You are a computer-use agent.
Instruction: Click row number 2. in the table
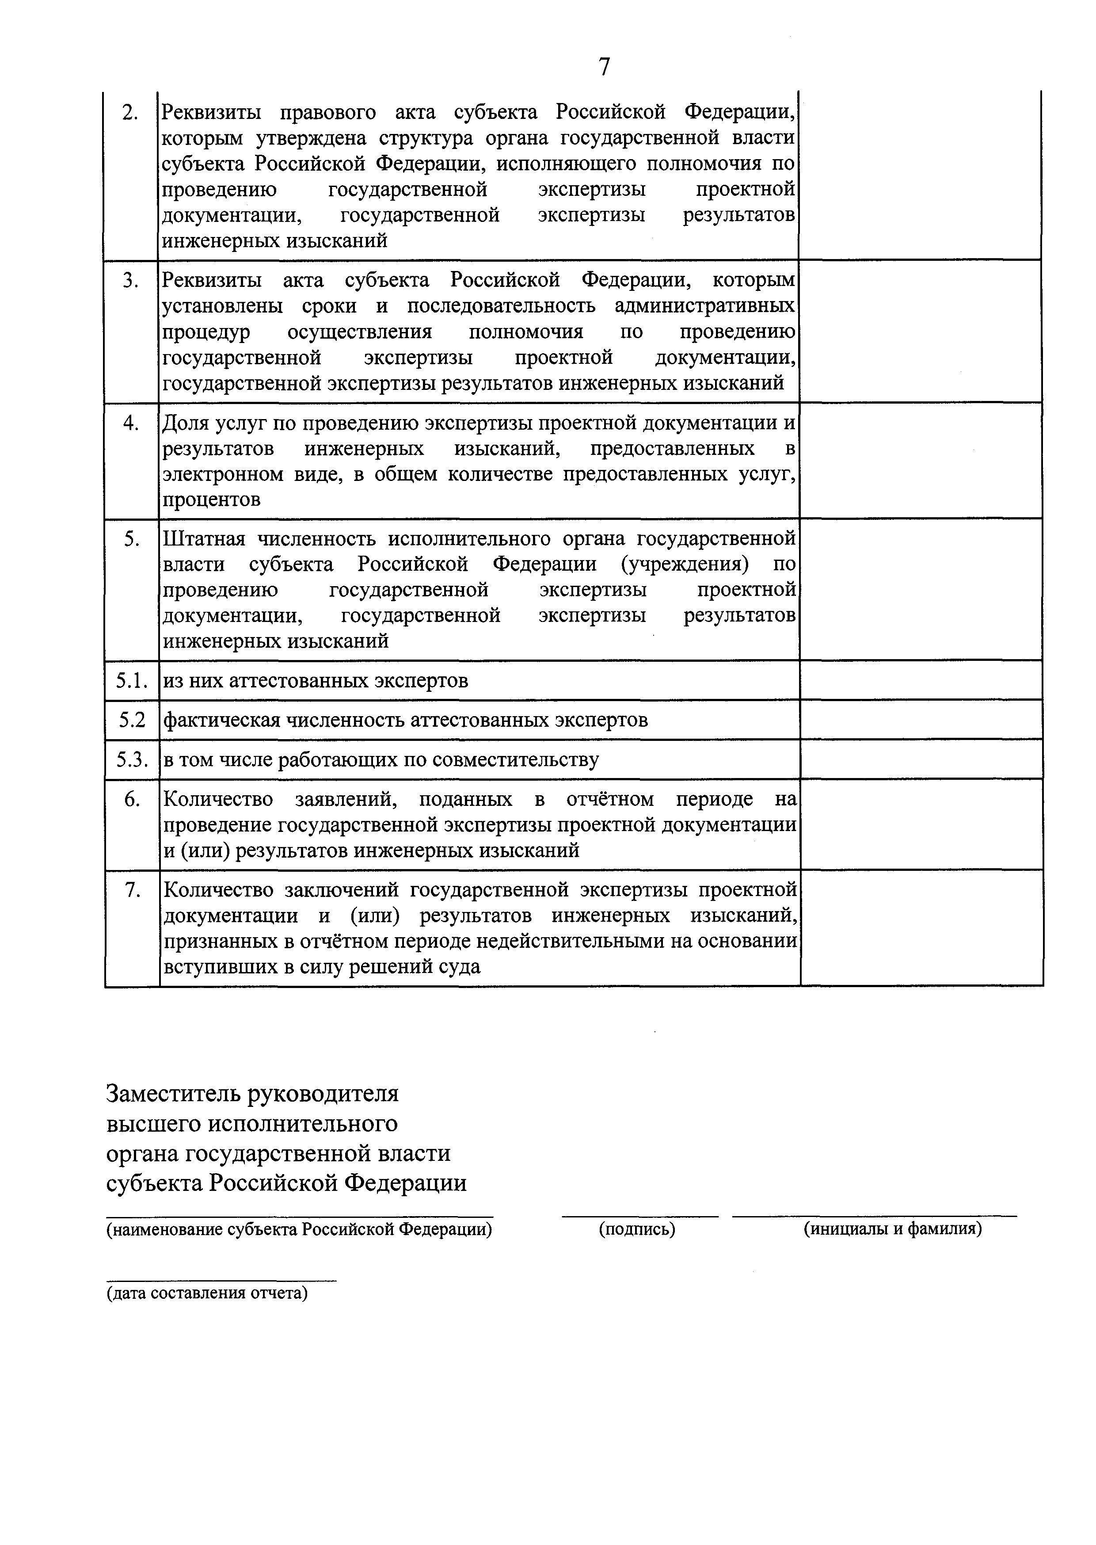[130, 114]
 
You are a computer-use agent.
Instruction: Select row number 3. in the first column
[130, 281]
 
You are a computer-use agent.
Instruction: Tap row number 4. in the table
[131, 424]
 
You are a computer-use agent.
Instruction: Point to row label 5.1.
[132, 681]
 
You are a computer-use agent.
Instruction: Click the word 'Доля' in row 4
[186, 424]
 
